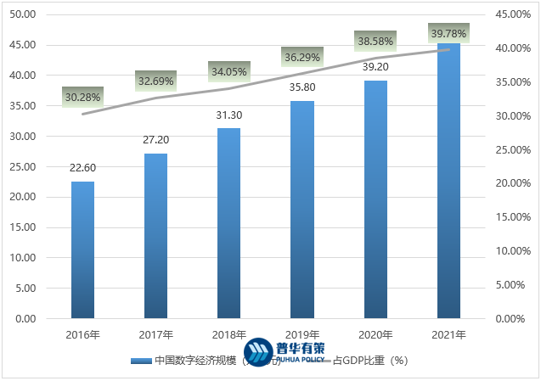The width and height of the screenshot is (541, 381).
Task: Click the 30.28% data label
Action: pos(82,97)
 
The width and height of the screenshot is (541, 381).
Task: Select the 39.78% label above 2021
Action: pos(449,33)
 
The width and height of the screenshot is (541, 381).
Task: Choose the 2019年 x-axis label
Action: pos(302,335)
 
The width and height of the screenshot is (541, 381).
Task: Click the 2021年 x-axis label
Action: pos(449,335)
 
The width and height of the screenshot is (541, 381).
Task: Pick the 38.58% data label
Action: pos(375,41)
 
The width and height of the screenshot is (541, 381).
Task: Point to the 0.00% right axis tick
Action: pos(515,318)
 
